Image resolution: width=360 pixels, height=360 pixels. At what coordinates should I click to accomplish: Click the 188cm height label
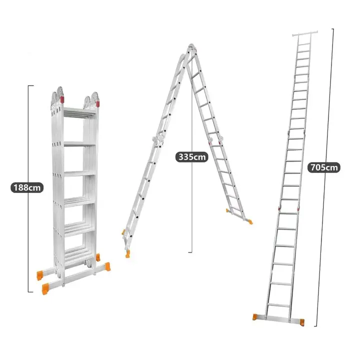pyautogui.click(x=27, y=187)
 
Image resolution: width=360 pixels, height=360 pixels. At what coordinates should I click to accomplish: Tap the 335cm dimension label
pyautogui.click(x=192, y=157)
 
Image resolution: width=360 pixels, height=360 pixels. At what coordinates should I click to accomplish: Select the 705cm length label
pyautogui.click(x=324, y=167)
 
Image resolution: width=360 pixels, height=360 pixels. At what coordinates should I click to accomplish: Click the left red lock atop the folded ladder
pyautogui.click(x=62, y=100)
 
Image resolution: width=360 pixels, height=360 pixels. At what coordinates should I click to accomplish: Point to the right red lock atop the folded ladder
pyautogui.click(x=98, y=104)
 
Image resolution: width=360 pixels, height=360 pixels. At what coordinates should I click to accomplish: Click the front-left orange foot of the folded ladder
pyautogui.click(x=45, y=289)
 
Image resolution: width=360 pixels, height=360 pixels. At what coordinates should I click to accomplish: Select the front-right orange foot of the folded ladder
pyautogui.click(x=107, y=267)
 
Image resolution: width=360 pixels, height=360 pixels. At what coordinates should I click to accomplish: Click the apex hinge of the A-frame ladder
pyautogui.click(x=191, y=47)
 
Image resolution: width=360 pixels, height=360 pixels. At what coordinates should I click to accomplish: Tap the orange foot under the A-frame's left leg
pyautogui.click(x=127, y=254)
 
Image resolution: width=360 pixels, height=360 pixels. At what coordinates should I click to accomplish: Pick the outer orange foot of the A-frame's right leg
pyautogui.click(x=250, y=222)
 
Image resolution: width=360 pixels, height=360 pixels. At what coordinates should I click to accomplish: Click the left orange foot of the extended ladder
pyautogui.click(x=255, y=317)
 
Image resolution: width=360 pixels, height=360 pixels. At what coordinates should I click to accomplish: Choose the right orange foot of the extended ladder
pyautogui.click(x=302, y=322)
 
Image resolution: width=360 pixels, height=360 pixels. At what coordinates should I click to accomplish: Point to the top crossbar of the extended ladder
pyautogui.click(x=305, y=34)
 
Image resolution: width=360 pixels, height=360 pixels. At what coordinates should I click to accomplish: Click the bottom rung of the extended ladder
pyautogui.click(x=279, y=305)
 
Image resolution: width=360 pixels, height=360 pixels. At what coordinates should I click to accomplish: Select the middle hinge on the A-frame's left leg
pyautogui.click(x=158, y=139)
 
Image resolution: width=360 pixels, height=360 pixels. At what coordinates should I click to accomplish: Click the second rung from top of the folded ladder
pyautogui.click(x=79, y=144)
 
